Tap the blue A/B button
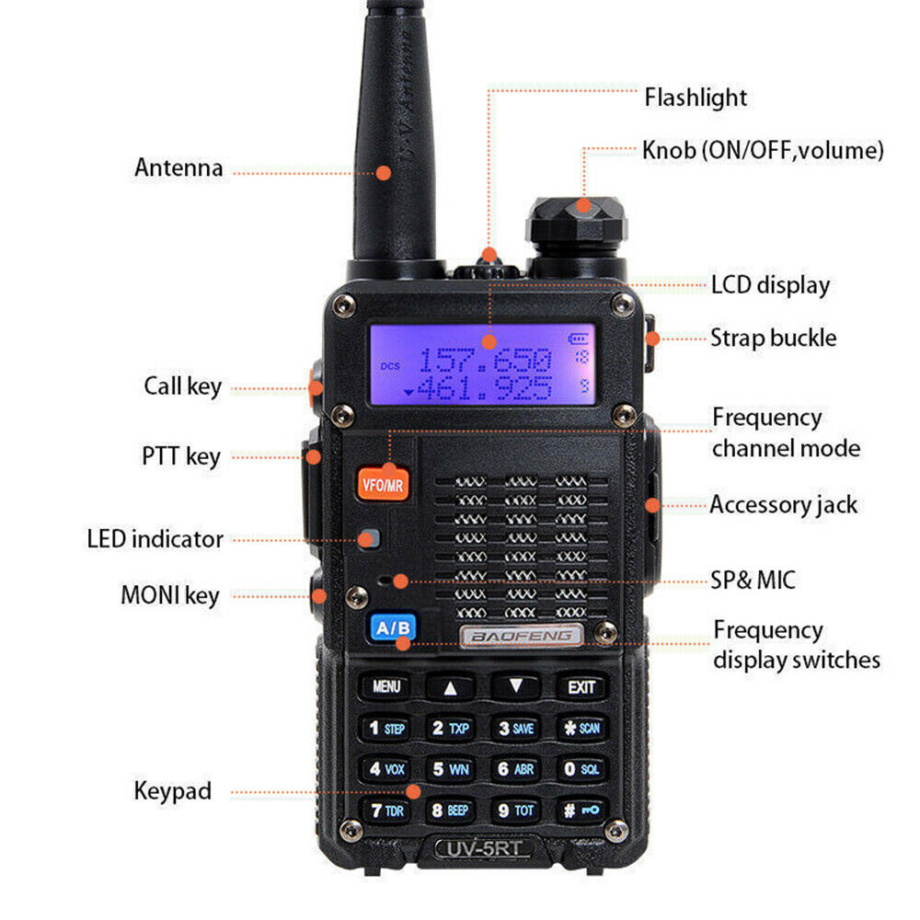click(393, 627)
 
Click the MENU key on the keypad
click(386, 686)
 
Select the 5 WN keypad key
click(451, 769)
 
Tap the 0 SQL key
click(581, 768)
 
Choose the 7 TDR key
click(386, 811)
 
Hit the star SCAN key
click(581, 728)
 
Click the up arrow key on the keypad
click(450, 687)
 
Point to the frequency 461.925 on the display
click(485, 388)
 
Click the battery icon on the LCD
click(578, 339)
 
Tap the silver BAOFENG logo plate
click(522, 636)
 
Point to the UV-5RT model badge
click(484, 848)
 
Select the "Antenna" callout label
click(179, 167)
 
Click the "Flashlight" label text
click(696, 98)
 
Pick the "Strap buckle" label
click(774, 338)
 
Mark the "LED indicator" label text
click(155, 539)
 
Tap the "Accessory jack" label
click(783, 505)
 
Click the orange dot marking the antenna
click(383, 173)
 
